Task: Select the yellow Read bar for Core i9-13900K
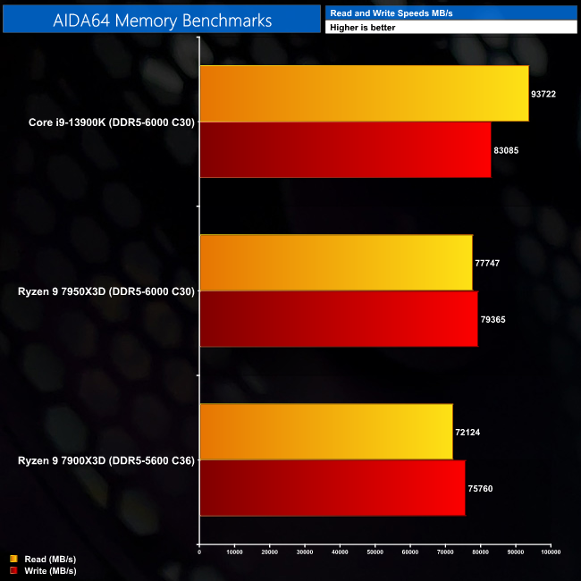point(364,93)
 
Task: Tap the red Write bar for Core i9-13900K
point(345,149)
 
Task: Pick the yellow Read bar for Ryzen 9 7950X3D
point(335,263)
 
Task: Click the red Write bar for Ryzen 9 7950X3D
point(338,318)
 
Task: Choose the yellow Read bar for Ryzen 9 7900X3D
point(325,432)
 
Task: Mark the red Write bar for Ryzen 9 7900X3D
point(332,488)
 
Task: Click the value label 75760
point(479,488)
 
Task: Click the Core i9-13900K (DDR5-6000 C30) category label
point(105,122)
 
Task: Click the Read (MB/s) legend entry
point(44,560)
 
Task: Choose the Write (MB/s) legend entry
point(45,570)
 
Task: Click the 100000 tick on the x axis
point(551,552)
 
